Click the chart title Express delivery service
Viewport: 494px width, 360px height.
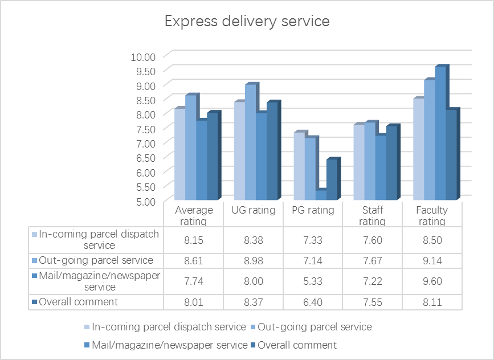(x=247, y=22)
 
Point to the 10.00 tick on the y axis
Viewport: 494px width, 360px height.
(x=143, y=56)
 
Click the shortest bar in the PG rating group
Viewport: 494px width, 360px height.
(x=321, y=194)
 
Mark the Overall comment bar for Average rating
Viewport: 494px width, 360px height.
(x=212, y=156)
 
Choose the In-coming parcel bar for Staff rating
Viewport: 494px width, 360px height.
(x=358, y=162)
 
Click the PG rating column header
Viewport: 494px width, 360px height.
(x=313, y=210)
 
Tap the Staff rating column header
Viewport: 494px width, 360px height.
(x=372, y=215)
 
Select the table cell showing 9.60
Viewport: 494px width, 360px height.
(x=431, y=281)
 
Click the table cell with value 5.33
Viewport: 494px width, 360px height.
(x=313, y=281)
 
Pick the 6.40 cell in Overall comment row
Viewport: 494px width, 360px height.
(x=313, y=301)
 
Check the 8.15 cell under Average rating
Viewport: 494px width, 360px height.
(x=194, y=240)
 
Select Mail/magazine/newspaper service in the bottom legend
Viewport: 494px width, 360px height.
(x=169, y=345)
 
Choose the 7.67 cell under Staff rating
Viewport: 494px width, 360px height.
(x=372, y=260)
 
